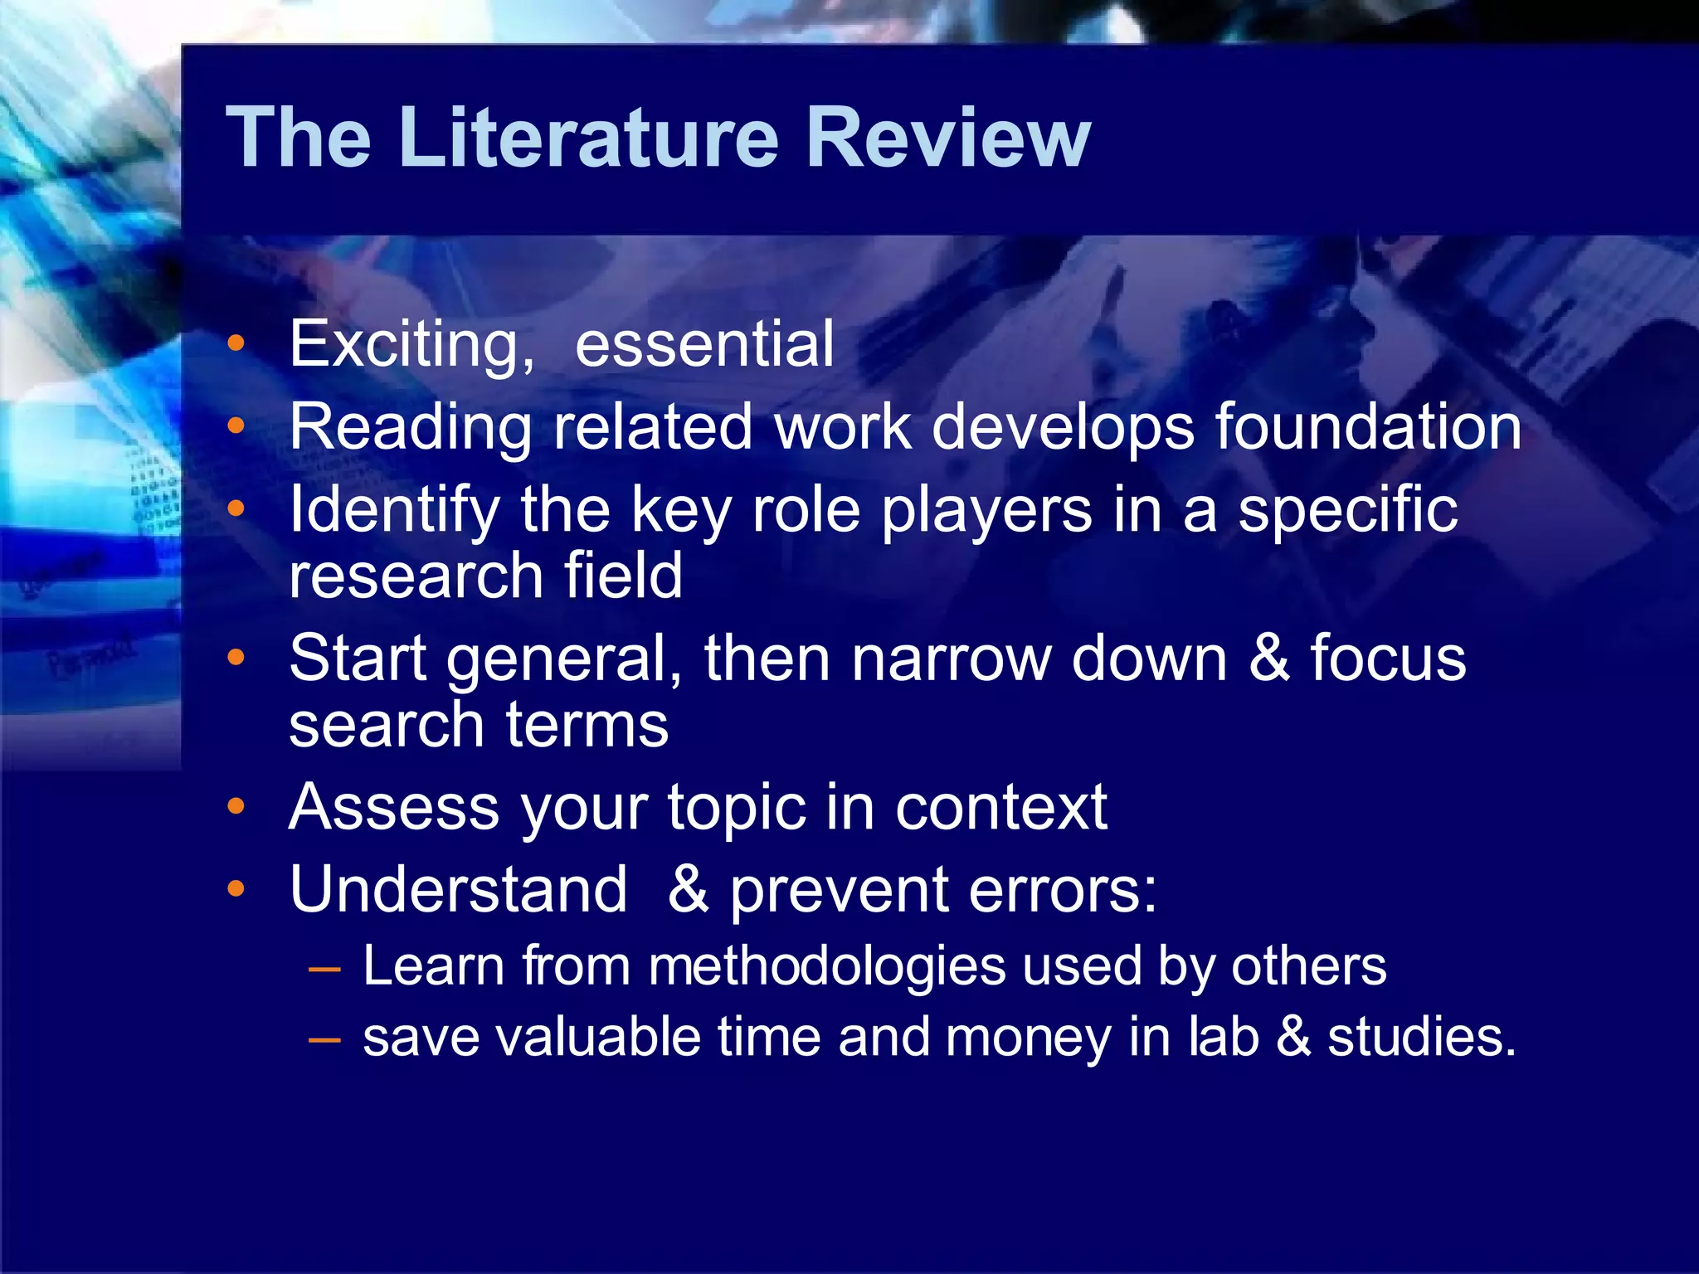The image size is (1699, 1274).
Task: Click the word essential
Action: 704,345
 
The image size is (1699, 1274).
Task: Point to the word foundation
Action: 1368,428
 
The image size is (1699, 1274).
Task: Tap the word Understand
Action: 458,890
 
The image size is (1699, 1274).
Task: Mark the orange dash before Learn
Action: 324,969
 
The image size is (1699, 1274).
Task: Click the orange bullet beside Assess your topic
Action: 236,806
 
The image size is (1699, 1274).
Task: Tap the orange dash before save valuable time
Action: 324,1039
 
